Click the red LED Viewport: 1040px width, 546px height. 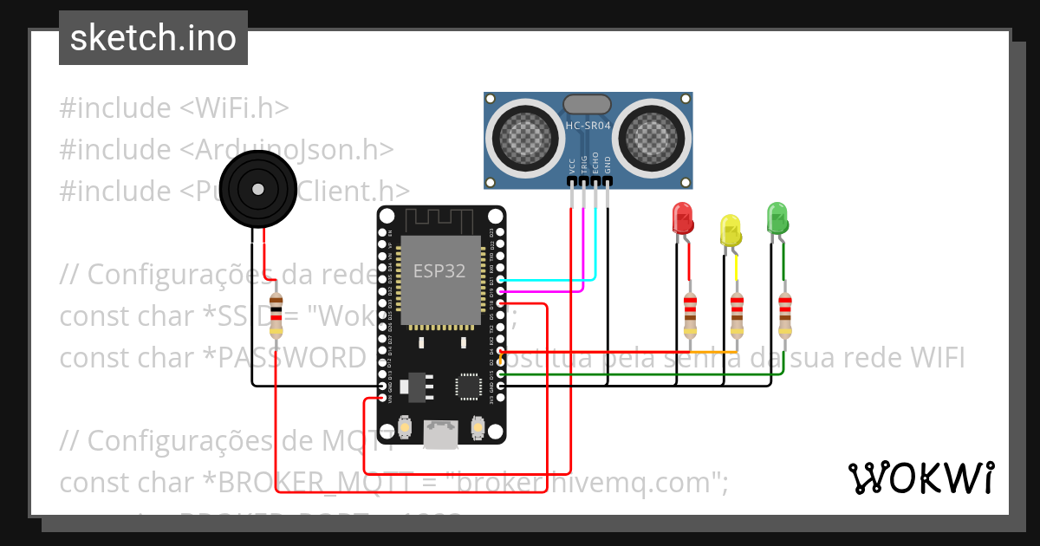(x=683, y=218)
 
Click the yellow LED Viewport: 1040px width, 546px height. (x=731, y=230)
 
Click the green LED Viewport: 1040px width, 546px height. (x=777, y=217)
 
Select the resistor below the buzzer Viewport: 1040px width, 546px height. (x=276, y=315)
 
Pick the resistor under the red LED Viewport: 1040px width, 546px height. (x=690, y=315)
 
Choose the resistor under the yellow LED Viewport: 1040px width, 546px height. (x=737, y=315)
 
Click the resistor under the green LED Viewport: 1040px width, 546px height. (x=784, y=315)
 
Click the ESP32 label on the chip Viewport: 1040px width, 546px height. (x=439, y=270)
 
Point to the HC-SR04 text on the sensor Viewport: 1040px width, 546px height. (x=588, y=127)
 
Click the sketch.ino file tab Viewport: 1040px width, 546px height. (x=153, y=38)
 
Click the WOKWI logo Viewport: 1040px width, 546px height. (x=920, y=478)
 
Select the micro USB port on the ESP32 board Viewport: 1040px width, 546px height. (x=440, y=433)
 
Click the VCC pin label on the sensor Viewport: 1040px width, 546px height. (x=572, y=166)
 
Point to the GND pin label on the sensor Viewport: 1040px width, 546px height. (x=608, y=166)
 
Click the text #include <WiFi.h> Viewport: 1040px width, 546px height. (x=173, y=108)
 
